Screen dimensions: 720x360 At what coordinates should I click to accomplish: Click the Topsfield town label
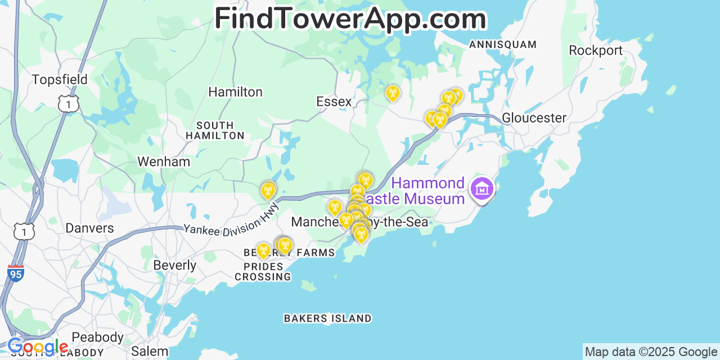[x=60, y=79]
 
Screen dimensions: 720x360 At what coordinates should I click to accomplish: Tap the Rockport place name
[x=595, y=50]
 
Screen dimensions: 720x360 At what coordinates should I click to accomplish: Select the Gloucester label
[x=534, y=118]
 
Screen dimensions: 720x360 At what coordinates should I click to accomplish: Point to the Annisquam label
[x=502, y=44]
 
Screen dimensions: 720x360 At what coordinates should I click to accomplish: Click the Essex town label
[x=334, y=101]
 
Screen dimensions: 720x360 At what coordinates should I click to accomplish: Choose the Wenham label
[x=164, y=161]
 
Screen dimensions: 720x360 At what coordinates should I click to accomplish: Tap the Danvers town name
[x=89, y=228]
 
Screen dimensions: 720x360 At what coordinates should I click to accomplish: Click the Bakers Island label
[x=327, y=318]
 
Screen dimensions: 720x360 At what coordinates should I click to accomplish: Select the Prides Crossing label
[x=263, y=271]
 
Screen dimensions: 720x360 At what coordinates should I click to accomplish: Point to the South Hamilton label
[x=215, y=130]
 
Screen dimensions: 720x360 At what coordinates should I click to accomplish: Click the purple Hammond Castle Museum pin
[x=482, y=190]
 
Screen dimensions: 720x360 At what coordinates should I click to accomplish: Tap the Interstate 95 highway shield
[x=16, y=273]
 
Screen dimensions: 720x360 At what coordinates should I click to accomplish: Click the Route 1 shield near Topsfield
[x=68, y=103]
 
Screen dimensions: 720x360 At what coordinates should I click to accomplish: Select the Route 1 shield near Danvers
[x=25, y=231]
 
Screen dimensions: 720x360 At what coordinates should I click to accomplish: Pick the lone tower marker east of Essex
[x=393, y=93]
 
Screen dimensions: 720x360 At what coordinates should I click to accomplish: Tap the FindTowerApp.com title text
[x=350, y=19]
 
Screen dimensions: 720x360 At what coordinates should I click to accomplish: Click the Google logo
[x=38, y=347]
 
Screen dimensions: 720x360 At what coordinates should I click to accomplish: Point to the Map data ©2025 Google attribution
[x=651, y=352]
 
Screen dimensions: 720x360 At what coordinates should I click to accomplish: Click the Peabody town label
[x=97, y=337]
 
